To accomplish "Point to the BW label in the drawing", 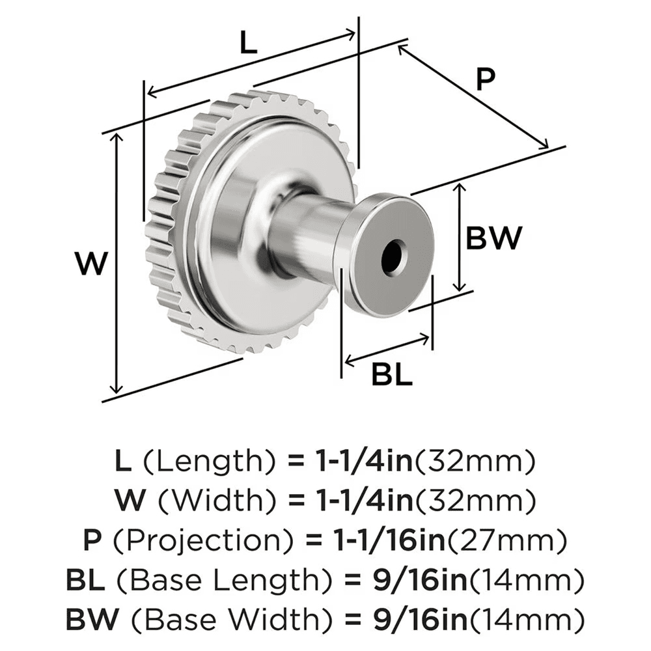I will (493, 238).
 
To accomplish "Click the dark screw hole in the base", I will (393, 255).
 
